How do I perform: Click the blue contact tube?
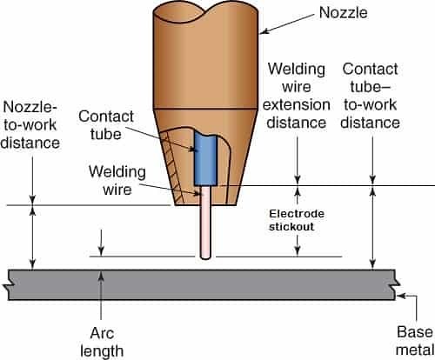[209, 161]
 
